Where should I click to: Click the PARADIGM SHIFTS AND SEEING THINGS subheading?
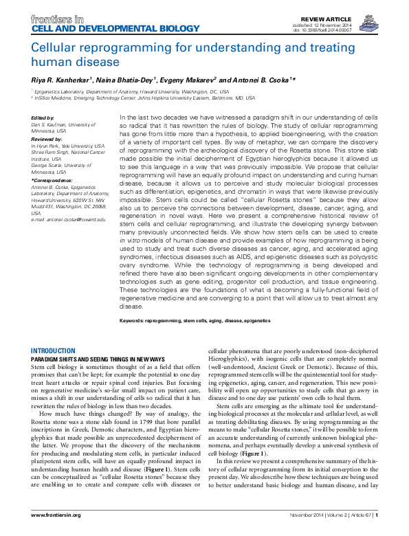99,359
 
